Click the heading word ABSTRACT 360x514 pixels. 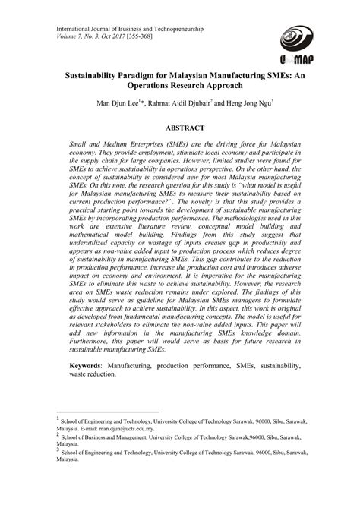[179, 131]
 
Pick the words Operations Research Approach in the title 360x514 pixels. [179, 88]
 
